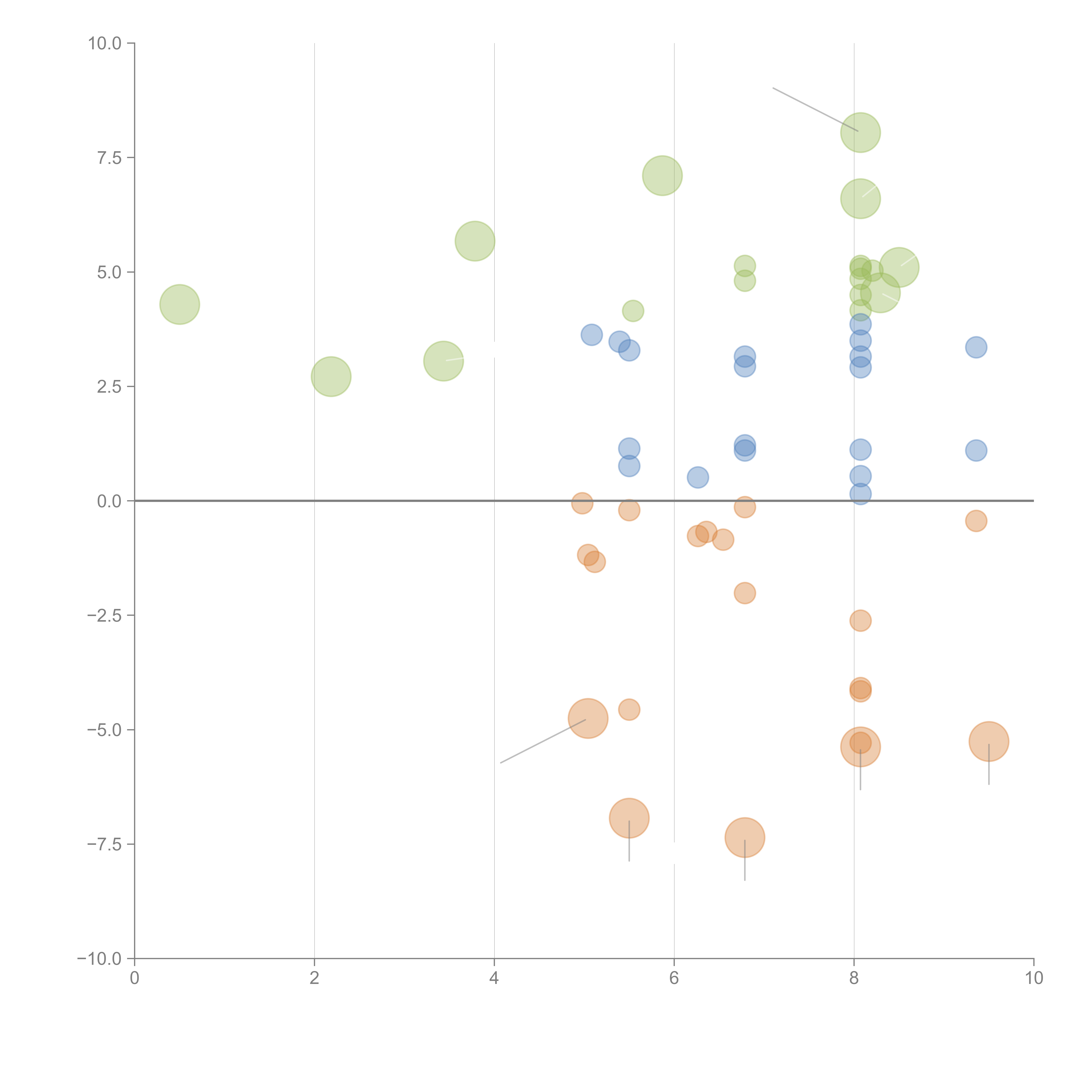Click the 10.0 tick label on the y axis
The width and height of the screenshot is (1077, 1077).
[105, 44]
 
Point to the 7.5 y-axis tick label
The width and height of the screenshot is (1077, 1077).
[109, 158]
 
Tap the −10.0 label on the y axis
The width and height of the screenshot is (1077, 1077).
[99, 959]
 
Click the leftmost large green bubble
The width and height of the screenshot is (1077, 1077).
[179, 304]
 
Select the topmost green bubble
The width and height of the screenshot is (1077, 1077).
[860, 133]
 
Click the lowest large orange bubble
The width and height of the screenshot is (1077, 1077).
[744, 837]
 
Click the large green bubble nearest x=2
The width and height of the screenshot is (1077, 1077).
[331, 377]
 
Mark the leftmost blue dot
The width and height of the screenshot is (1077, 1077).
[591, 335]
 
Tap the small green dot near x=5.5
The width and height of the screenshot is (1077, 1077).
[633, 311]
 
